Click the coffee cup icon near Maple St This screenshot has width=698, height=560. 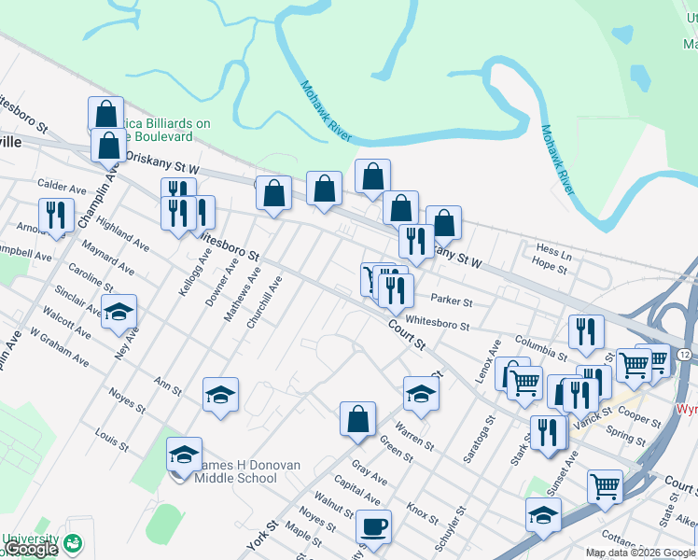[x=373, y=527]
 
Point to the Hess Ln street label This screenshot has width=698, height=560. [x=553, y=251]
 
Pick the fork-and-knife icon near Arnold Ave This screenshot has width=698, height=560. [x=57, y=216]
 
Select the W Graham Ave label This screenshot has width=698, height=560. [x=60, y=346]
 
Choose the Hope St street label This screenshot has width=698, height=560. [x=550, y=267]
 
